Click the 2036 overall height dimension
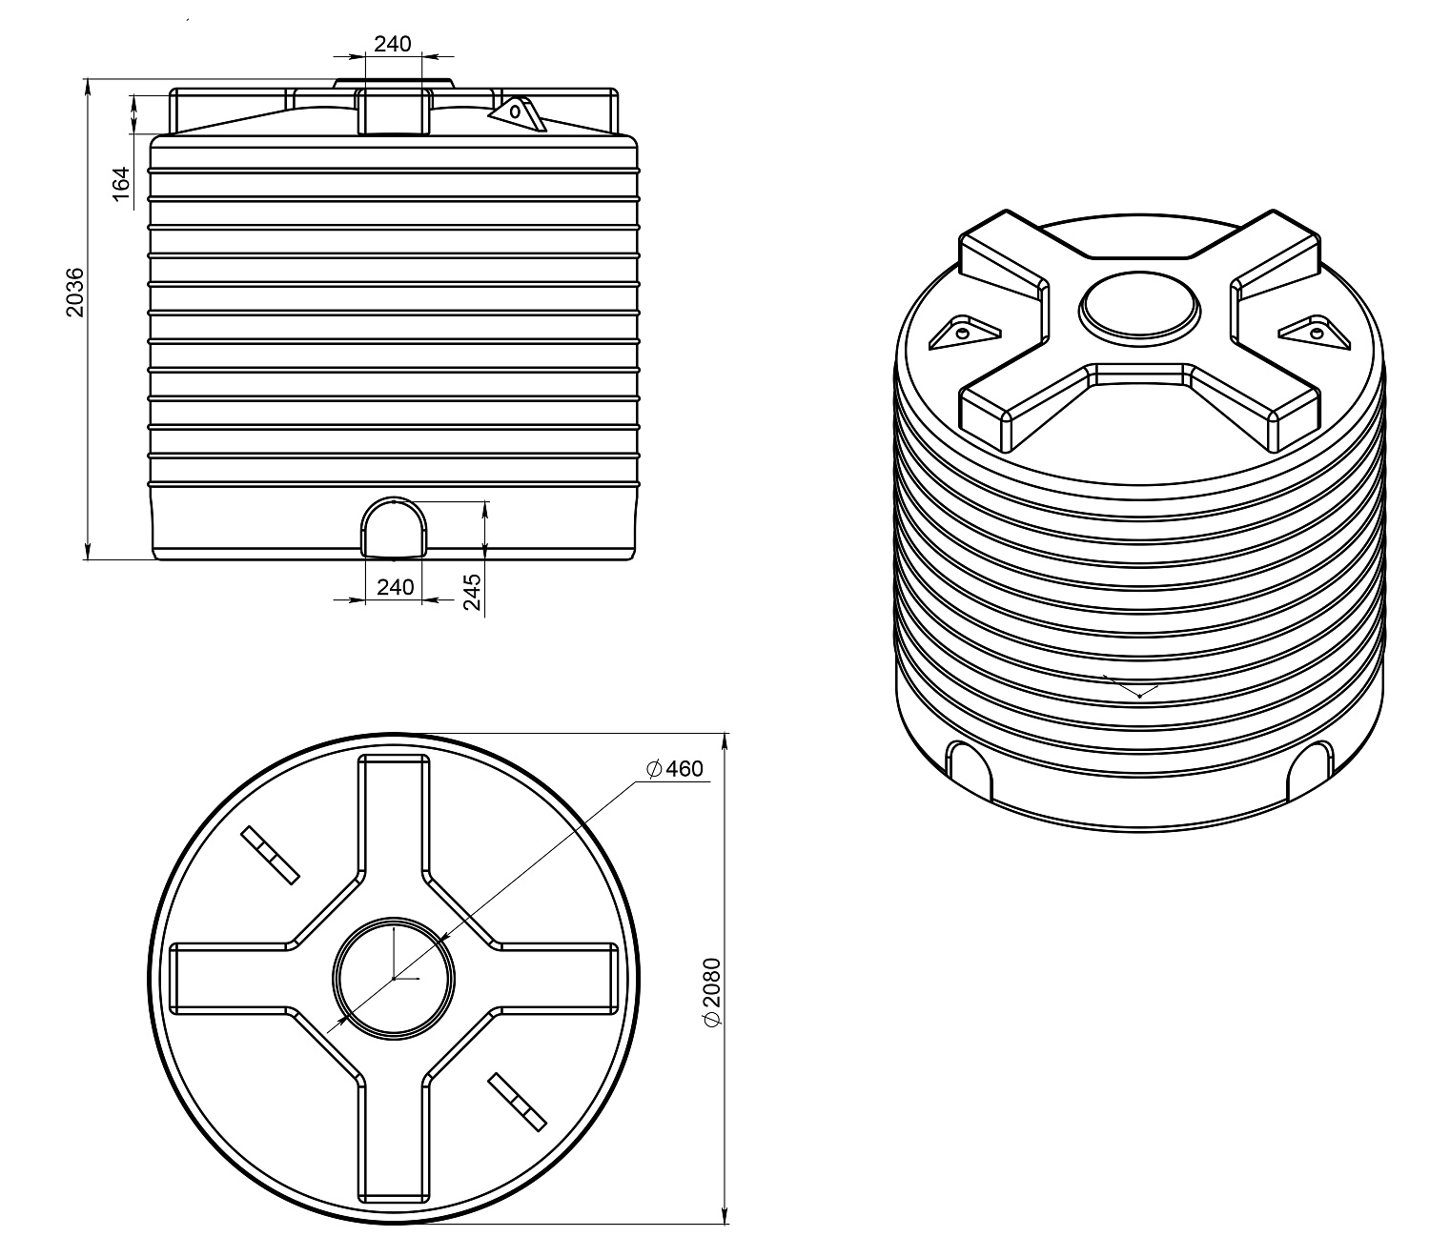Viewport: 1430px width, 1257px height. (74, 293)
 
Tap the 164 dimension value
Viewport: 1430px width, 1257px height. (121, 184)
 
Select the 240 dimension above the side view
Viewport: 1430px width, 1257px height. (393, 44)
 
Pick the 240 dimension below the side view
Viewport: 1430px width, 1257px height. (396, 586)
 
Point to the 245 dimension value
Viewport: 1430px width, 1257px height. (472, 592)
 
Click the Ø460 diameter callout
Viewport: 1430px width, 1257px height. (675, 769)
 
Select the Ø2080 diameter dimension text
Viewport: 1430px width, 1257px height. (713, 992)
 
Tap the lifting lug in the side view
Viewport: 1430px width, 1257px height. (518, 112)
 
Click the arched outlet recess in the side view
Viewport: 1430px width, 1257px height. (395, 527)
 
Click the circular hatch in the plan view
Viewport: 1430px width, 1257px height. (394, 978)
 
